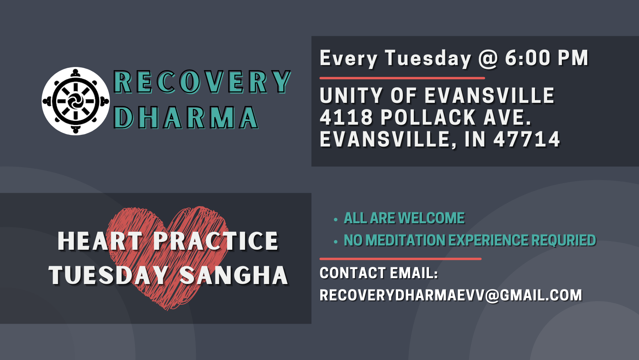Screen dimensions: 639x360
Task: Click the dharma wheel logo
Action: [x=76, y=101]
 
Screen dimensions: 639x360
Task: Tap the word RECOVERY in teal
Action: [x=202, y=82]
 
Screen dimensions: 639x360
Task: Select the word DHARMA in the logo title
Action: [x=186, y=118]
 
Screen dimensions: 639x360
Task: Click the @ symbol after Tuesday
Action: [x=488, y=58]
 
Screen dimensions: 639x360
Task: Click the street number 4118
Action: [x=346, y=117]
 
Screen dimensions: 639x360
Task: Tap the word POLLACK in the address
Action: [x=428, y=117]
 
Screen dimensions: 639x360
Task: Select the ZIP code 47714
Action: [x=527, y=139]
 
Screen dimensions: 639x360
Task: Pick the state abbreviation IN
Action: [x=475, y=139]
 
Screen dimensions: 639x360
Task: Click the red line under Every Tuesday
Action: [x=402, y=78]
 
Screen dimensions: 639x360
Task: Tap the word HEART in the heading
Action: [x=100, y=241]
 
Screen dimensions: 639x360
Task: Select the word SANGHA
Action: [x=234, y=275]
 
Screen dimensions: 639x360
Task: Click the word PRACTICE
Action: [x=216, y=241]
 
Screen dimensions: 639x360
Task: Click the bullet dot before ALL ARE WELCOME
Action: [x=335, y=219]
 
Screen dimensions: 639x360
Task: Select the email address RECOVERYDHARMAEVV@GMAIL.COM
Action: [x=451, y=295]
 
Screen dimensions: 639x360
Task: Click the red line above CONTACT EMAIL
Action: [x=401, y=259]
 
